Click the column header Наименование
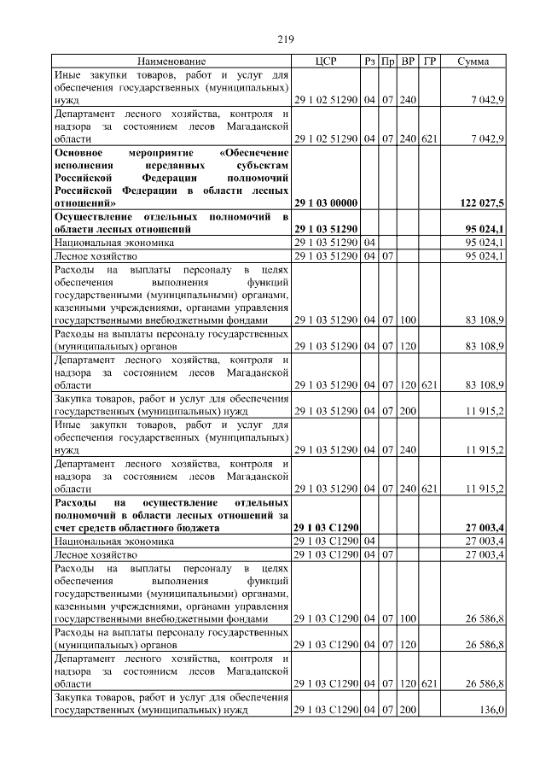[x=171, y=61]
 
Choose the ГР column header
[x=429, y=61]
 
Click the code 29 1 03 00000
[x=325, y=203]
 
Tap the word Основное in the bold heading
[x=78, y=152]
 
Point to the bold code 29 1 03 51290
[x=325, y=229]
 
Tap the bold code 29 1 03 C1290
[x=325, y=528]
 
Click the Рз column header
[x=369, y=61]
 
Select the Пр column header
[x=388, y=61]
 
